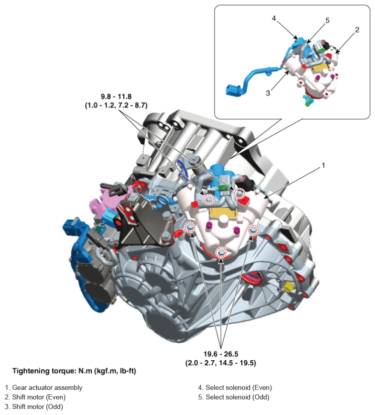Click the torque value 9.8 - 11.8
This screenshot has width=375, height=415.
point(116,96)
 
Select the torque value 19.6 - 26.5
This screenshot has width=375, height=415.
point(221,354)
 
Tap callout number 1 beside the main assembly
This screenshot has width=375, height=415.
point(323,165)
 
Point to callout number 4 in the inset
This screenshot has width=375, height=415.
point(274,18)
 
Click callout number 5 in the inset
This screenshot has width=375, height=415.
point(327,21)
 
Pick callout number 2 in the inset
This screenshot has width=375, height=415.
point(357,30)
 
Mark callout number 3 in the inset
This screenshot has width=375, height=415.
point(268,93)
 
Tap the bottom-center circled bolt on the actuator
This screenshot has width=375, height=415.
point(221,253)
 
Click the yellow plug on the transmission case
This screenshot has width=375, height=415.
point(288,287)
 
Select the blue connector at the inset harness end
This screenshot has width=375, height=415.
point(233,90)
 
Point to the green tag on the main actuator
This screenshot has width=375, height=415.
point(223,187)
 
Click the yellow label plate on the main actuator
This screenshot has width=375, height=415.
point(223,213)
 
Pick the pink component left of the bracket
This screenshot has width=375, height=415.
point(106,201)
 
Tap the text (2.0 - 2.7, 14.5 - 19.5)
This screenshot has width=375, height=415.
point(221,363)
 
